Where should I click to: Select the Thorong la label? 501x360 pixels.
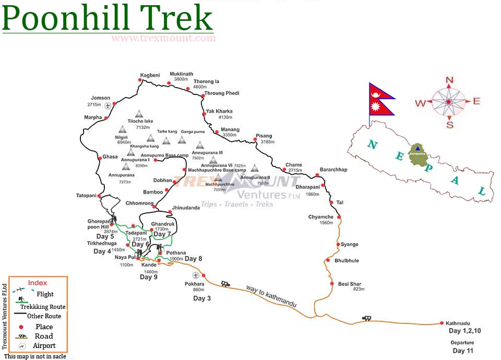[206, 82]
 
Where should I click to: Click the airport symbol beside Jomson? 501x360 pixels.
[108, 105]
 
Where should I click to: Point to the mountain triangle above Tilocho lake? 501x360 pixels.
[139, 113]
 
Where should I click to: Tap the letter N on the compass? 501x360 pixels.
[449, 80]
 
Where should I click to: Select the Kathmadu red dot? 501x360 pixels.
[441, 323]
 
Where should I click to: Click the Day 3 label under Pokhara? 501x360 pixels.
[202, 298]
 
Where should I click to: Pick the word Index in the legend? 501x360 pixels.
[37, 283]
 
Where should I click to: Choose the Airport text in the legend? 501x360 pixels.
[44, 345]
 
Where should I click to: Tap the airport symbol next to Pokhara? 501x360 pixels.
[195, 275]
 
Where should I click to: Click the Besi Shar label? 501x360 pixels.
[350, 284]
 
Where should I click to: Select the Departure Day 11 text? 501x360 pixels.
[462, 347]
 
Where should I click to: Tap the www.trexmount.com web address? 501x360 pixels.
[163, 38]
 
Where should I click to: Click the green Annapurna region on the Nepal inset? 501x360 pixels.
[417, 155]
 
